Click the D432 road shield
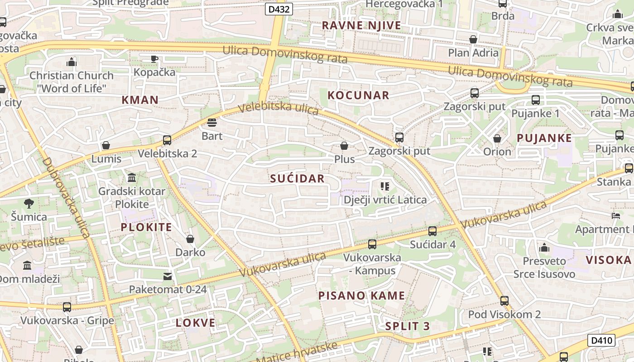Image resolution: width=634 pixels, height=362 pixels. [279, 9]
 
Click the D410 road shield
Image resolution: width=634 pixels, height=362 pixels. [601, 340]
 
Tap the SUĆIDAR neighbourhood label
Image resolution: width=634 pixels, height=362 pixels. [298, 178]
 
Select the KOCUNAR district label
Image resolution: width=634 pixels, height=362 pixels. [358, 95]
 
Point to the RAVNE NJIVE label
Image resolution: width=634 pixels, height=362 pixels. [361, 25]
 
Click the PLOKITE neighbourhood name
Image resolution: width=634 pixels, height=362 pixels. [146, 227]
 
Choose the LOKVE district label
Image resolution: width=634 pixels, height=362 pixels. [196, 323]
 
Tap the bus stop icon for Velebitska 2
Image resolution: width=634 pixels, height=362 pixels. [167, 140]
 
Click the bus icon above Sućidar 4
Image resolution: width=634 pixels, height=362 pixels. [432, 231]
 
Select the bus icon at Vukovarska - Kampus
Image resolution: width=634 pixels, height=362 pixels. [372, 244]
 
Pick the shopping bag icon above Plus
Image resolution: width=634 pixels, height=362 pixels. [344, 146]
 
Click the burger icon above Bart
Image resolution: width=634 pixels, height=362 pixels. [211, 123]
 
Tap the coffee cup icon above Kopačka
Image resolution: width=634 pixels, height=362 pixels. [154, 59]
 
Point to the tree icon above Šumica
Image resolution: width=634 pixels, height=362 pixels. [29, 204]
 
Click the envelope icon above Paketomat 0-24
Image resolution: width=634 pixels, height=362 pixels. [168, 276]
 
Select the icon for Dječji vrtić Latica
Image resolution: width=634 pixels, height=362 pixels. [385, 186]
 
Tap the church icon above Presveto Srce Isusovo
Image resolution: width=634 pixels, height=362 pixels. [544, 248]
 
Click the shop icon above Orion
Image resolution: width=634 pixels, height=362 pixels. [497, 138]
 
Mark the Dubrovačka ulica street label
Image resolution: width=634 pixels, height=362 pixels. [66, 198]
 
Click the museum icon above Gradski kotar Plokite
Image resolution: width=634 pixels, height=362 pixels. [132, 177]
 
